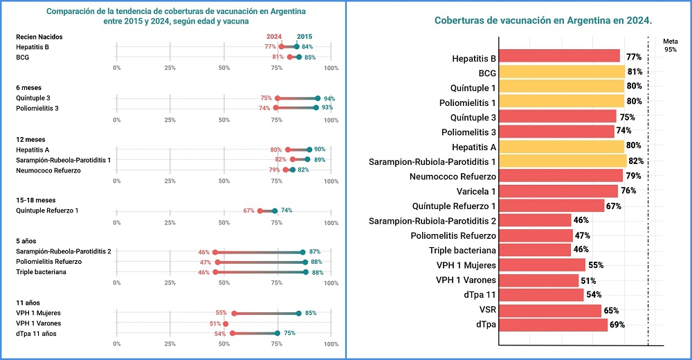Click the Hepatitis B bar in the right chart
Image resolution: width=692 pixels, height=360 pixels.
pyautogui.click(x=559, y=56)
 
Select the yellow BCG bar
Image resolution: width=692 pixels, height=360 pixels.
pyautogui.click(x=561, y=71)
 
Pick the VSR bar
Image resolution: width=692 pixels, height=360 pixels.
pyautogui.click(x=549, y=310)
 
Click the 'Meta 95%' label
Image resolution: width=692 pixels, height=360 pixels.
pyautogui.click(x=670, y=45)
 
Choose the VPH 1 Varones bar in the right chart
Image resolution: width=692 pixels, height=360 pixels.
pyautogui.click(x=538, y=280)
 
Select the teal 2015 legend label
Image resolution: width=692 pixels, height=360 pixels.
pyautogui.click(x=304, y=37)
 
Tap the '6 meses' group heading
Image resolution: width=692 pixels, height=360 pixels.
pyautogui.click(x=28, y=87)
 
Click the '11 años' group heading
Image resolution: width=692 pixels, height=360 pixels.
pyautogui.click(x=28, y=303)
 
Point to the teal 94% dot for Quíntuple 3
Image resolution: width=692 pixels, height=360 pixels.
pyautogui.click(x=318, y=98)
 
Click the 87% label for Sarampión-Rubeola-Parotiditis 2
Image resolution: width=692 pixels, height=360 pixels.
pyautogui.click(x=315, y=252)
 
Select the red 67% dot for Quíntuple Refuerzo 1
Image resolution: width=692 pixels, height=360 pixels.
pyautogui.click(x=260, y=210)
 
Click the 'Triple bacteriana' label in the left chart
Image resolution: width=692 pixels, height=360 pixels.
pyautogui.click(x=41, y=272)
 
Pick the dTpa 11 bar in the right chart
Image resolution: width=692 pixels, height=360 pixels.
pyautogui.click(x=541, y=295)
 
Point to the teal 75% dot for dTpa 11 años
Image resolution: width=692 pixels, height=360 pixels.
pyautogui.click(x=277, y=333)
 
